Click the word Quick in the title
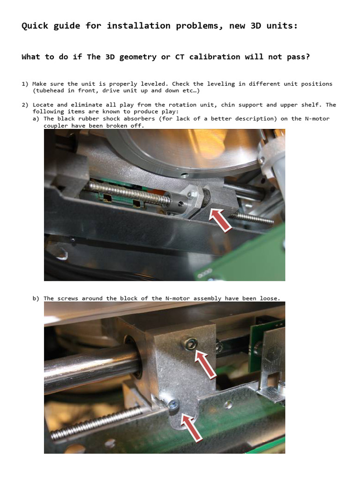[x=35, y=26]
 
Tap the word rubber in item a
[x=88, y=119]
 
